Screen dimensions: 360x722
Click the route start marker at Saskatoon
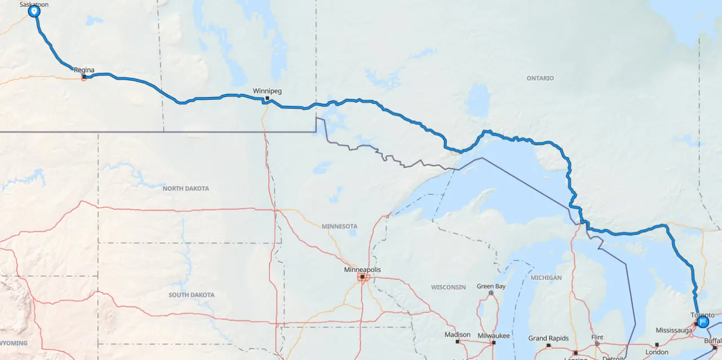34,11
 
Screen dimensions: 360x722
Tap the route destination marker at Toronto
703,322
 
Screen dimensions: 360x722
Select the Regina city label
84,70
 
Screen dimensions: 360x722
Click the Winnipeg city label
267,90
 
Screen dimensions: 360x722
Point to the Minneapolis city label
362,270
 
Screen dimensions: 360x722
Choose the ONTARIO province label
540,78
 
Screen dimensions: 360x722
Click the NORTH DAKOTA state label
186,188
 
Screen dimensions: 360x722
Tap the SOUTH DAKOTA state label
191,295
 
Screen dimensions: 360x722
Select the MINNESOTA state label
340,226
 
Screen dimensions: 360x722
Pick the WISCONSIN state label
448,287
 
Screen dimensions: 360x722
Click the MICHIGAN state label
546,278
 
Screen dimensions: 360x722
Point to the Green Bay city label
491,286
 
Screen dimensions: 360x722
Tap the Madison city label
457,335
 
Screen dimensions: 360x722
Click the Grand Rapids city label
548,338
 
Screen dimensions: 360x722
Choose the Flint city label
597,337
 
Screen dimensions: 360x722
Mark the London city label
657,352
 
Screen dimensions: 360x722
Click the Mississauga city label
674,330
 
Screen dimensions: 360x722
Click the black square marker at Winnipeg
267,98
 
